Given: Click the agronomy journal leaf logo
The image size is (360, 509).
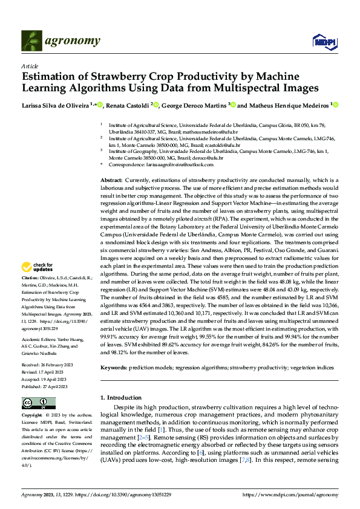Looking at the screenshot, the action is pyautogui.click(x=30, y=40).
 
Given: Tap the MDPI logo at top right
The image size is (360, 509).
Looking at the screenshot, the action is pyautogui.click(x=324, y=41).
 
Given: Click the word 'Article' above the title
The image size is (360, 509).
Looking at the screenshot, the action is pyautogui.click(x=29, y=66).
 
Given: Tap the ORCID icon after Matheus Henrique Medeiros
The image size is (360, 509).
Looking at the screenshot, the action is pyautogui.click(x=336, y=105).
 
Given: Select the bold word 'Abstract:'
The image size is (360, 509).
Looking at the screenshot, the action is pyautogui.click(x=111, y=181).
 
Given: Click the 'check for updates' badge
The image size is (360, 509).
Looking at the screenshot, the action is pyautogui.click(x=38, y=267).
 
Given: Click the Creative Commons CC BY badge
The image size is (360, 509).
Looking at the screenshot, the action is pyautogui.click(x=37, y=403).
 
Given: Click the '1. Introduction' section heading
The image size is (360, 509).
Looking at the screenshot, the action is pyautogui.click(x=120, y=397).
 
